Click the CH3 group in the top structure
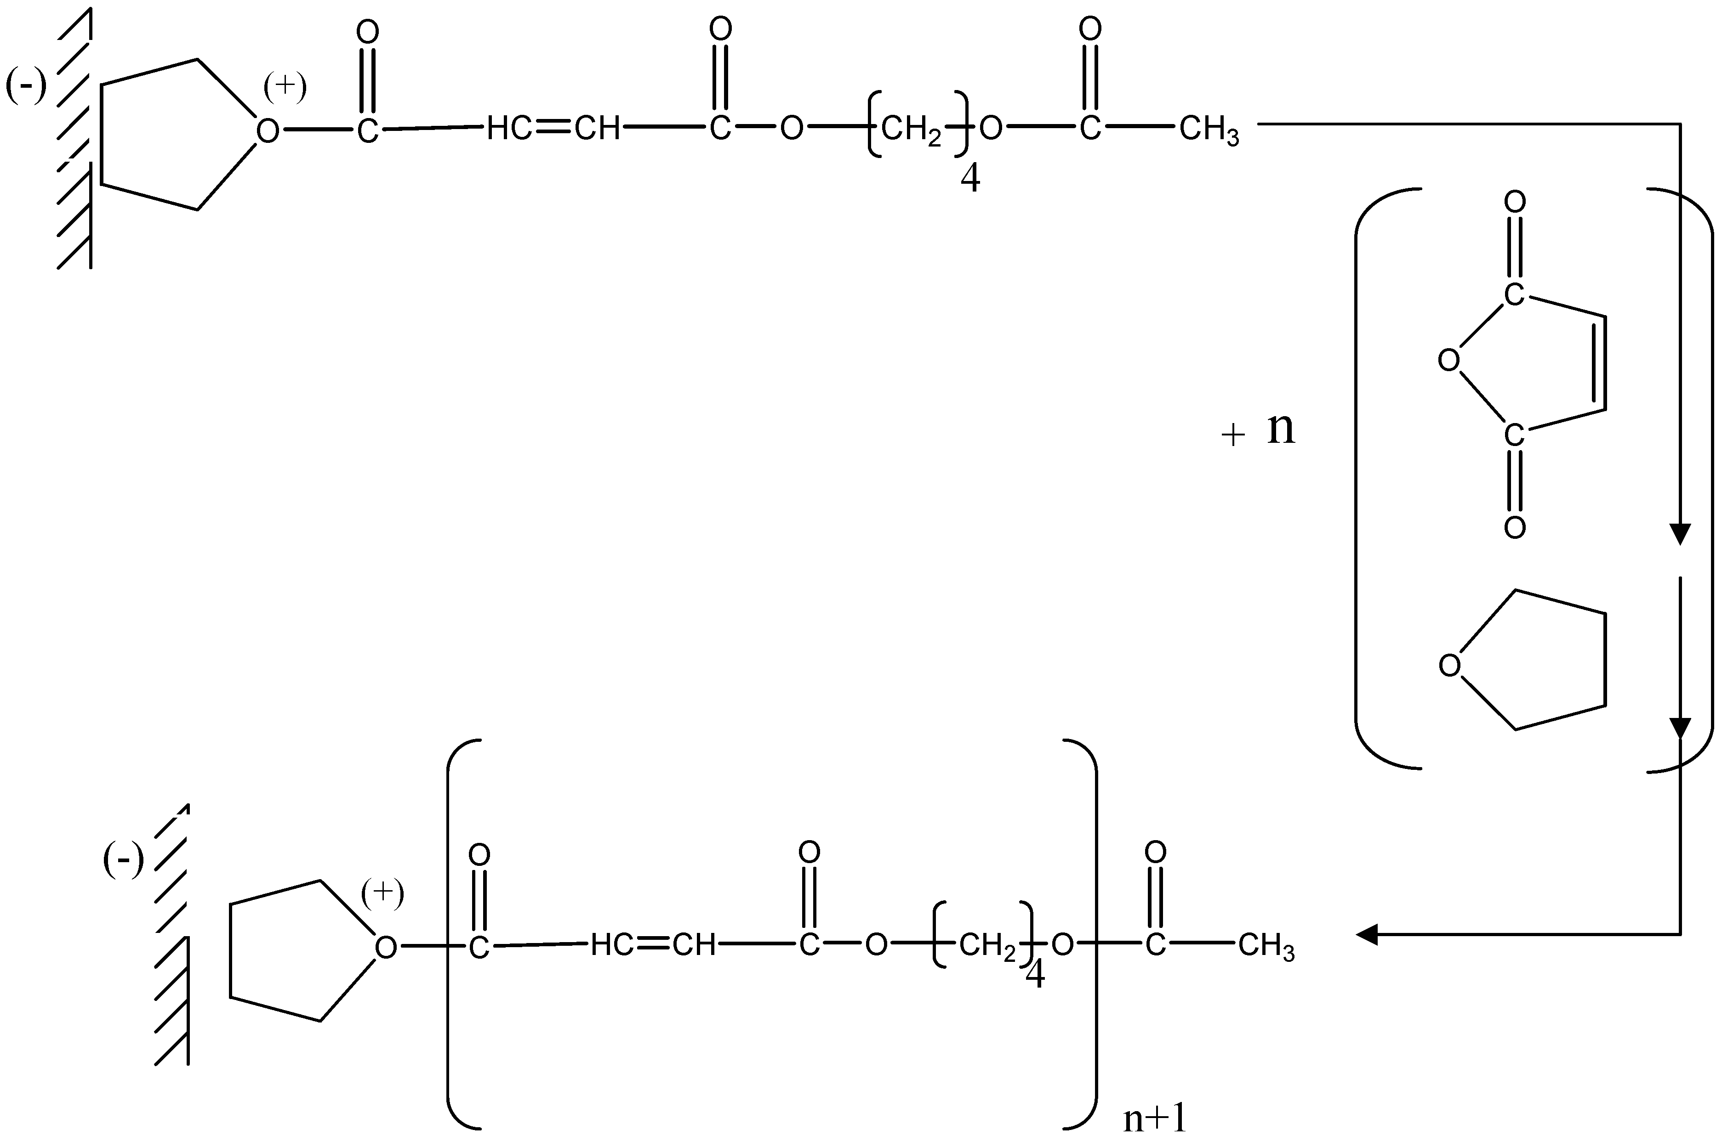click(x=1209, y=131)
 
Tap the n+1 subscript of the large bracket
click(x=1155, y=1119)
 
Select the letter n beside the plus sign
click(x=1282, y=429)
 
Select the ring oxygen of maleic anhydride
click(x=1449, y=360)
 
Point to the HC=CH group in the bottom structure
click(x=653, y=945)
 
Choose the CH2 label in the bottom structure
click(x=986, y=946)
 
